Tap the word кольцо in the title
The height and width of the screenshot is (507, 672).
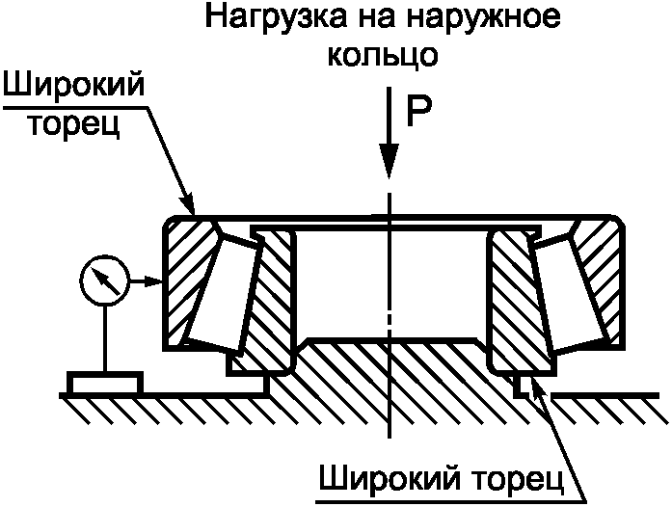pyautogui.click(x=384, y=54)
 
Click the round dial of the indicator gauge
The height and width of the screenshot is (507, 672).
pyautogui.click(x=103, y=281)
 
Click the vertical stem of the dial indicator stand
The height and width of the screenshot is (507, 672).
pyautogui.click(x=103, y=337)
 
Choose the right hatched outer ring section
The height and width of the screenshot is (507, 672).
pyautogui.click(x=598, y=280)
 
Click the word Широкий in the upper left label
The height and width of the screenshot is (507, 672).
pyautogui.click(x=74, y=89)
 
